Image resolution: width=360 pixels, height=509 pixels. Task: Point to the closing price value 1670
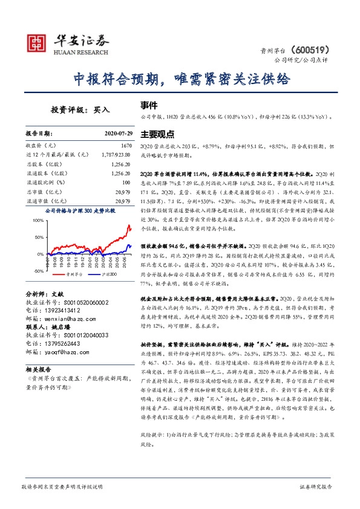(x=125, y=146)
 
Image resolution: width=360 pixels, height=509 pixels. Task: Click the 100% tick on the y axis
(x=37, y=221)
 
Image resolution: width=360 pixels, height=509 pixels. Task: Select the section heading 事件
(x=148, y=104)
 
